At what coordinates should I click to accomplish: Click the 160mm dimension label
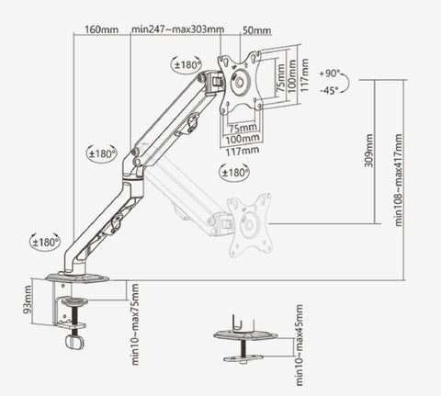click(101, 29)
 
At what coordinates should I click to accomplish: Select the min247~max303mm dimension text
click(178, 29)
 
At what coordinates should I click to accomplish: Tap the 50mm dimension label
click(257, 30)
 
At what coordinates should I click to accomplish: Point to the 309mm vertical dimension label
click(368, 151)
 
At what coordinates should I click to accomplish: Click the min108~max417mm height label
click(399, 180)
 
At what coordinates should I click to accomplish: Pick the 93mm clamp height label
click(28, 300)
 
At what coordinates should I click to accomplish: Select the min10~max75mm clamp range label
click(135, 324)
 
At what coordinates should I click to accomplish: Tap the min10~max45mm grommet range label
click(299, 345)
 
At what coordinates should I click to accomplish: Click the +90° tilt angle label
click(330, 74)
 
